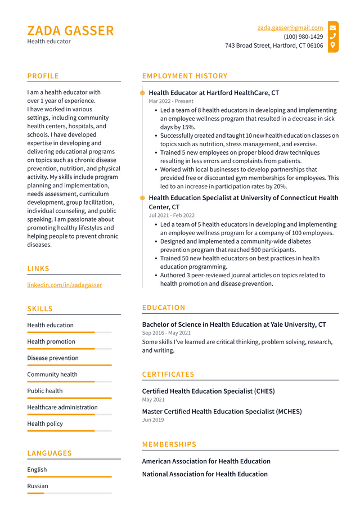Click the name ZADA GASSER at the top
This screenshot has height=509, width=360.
[70, 30]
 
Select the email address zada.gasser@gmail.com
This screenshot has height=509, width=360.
[290, 28]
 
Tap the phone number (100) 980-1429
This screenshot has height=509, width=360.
[303, 37]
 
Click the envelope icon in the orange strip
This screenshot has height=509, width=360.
[333, 28]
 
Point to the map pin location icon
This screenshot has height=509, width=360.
[333, 45]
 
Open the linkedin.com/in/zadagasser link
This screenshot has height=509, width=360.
[65, 285]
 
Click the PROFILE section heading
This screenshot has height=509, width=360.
[43, 76]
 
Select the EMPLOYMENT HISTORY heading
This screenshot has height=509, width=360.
[184, 76]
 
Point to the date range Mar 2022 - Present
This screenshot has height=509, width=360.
[171, 101]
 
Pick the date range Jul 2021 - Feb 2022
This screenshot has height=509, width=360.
[172, 215]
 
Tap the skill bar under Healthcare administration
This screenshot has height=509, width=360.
[69, 415]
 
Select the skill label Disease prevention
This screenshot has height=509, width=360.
[53, 358]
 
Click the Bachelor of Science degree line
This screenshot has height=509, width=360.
[233, 325]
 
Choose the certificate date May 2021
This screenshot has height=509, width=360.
[154, 399]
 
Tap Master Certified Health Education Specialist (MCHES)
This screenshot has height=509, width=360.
[222, 411]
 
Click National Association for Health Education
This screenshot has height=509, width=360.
[205, 474]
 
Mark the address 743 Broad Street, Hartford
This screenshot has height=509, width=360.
[274, 46]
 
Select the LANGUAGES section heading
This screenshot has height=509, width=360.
[49, 453]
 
